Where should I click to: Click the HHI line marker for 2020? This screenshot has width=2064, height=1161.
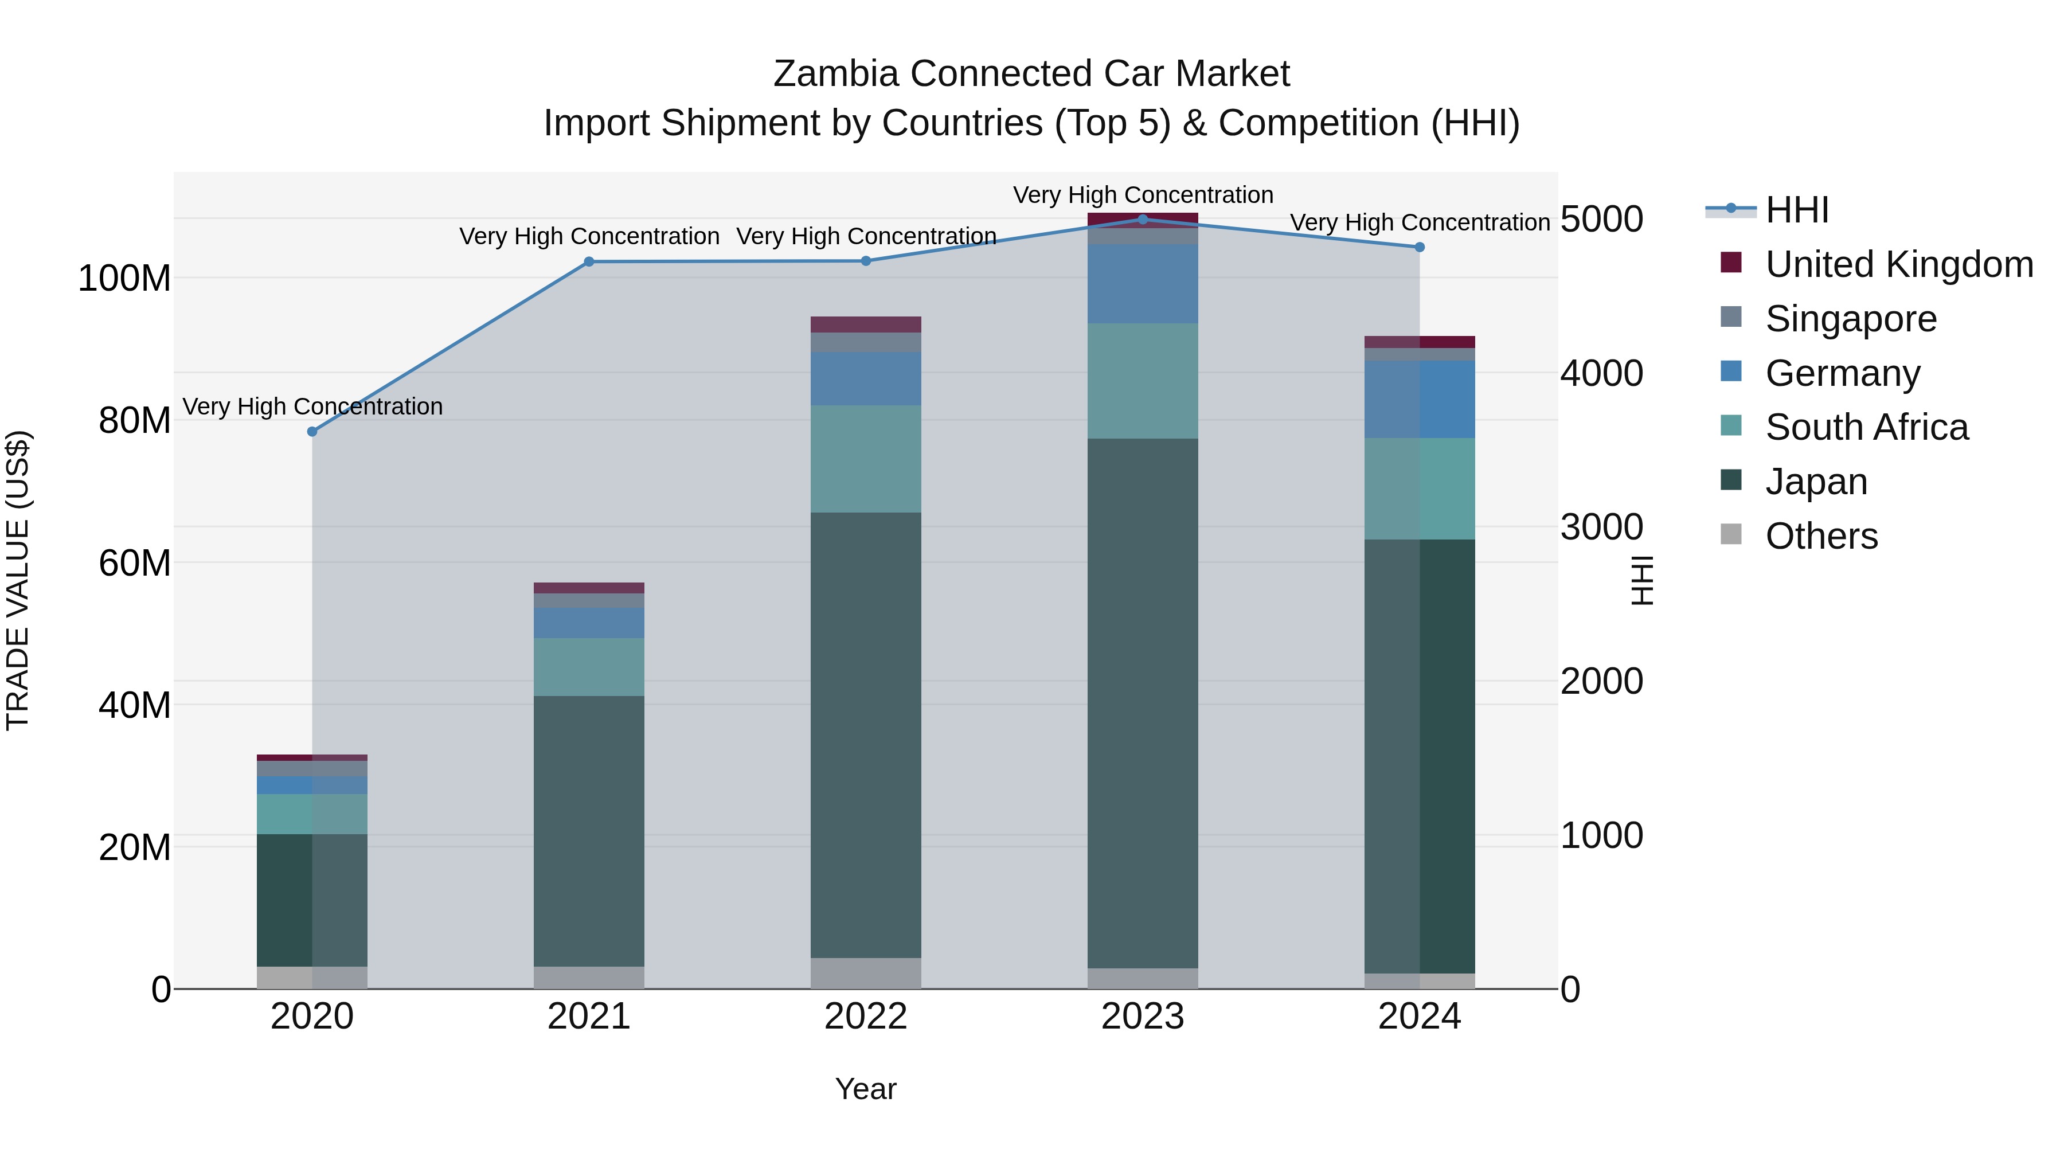coord(312,432)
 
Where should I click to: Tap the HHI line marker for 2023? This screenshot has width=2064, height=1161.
coord(1143,219)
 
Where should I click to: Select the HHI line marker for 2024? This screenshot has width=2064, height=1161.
coord(1419,247)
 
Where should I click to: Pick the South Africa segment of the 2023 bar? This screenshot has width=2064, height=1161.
coord(1143,381)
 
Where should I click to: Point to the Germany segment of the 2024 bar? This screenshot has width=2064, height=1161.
coord(1419,399)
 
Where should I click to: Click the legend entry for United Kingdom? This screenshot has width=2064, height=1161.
coord(1898,264)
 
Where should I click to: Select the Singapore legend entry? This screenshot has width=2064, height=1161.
coord(1850,319)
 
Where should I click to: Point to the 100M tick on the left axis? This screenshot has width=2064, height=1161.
coord(124,279)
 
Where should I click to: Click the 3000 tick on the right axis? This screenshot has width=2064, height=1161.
coord(1601,527)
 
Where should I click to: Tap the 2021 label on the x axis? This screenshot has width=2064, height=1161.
coord(589,1017)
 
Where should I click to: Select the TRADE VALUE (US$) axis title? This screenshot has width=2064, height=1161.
coord(18,580)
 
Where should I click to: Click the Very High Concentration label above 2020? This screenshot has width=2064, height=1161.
coord(312,407)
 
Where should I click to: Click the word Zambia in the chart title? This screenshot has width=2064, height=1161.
coord(837,74)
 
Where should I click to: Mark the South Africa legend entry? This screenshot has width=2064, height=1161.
coord(1866,428)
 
